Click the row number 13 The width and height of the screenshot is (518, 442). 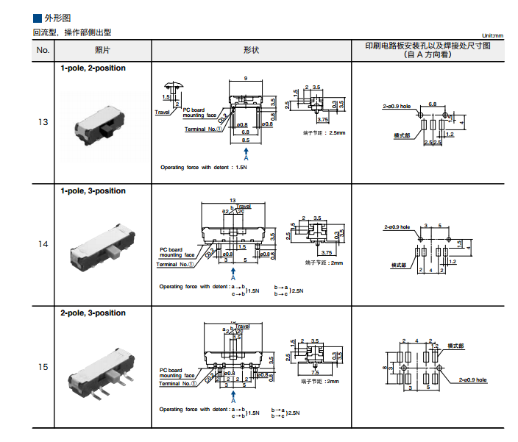click(x=43, y=121)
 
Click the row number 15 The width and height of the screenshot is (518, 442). click(x=43, y=366)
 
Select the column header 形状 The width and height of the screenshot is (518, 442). click(x=251, y=50)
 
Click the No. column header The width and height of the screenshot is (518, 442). click(x=43, y=50)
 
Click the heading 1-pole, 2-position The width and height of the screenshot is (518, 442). click(x=93, y=68)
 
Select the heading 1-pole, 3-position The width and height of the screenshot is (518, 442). click(x=93, y=191)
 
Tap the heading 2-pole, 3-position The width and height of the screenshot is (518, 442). click(x=93, y=313)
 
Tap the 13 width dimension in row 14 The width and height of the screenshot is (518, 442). click(x=233, y=200)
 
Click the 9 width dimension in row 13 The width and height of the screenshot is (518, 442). click(x=245, y=78)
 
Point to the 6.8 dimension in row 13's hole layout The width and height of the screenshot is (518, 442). click(x=433, y=104)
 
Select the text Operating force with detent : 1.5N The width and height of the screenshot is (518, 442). click(x=204, y=168)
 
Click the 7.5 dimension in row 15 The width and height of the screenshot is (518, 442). click(x=324, y=372)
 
